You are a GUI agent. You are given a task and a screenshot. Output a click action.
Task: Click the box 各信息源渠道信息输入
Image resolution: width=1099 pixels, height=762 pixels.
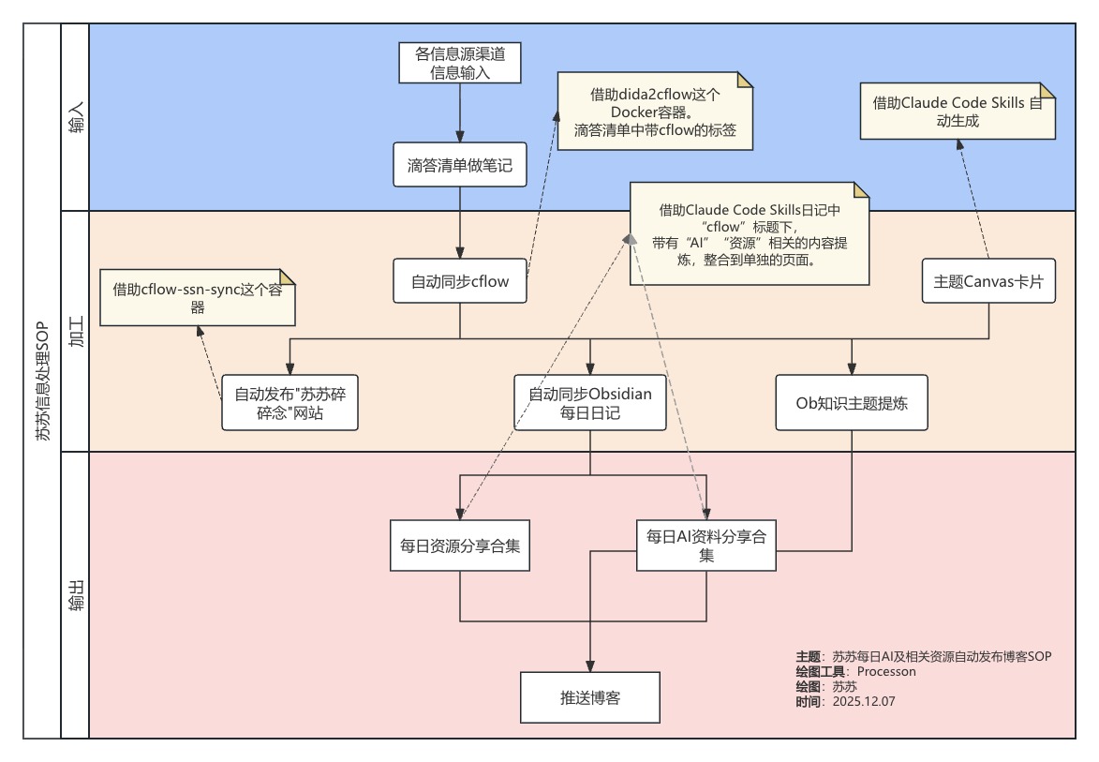(x=459, y=62)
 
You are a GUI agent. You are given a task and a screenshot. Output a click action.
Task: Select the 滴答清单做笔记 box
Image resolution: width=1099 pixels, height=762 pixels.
(x=459, y=166)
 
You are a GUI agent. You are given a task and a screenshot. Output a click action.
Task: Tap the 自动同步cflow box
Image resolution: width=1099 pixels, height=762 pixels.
(x=459, y=280)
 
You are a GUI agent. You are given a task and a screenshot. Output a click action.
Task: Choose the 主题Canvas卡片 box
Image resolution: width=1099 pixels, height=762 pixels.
(x=989, y=280)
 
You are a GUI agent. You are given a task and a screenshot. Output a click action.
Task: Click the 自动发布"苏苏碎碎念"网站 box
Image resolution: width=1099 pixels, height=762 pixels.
(x=290, y=402)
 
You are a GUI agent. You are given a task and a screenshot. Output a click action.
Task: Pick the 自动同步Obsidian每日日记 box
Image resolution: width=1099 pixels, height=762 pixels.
(x=589, y=402)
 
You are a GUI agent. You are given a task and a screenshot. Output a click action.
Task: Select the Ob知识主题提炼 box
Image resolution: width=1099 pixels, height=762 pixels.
(x=851, y=402)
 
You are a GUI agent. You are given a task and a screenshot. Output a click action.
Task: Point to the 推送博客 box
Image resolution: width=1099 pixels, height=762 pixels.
(x=589, y=697)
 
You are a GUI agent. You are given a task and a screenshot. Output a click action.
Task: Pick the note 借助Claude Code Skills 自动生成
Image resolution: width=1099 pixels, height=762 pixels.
(x=957, y=112)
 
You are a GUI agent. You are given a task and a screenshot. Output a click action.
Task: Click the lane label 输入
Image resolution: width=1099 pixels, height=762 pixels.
(x=75, y=117)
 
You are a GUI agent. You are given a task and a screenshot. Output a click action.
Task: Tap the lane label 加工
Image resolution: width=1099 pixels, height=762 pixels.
(x=75, y=331)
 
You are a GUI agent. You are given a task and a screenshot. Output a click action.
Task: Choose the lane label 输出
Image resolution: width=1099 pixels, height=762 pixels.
(x=75, y=594)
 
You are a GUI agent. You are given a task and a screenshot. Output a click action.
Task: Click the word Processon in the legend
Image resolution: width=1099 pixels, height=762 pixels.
(x=885, y=671)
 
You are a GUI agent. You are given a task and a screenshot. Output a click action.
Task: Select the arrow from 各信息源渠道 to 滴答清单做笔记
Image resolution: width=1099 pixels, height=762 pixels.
(x=459, y=112)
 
